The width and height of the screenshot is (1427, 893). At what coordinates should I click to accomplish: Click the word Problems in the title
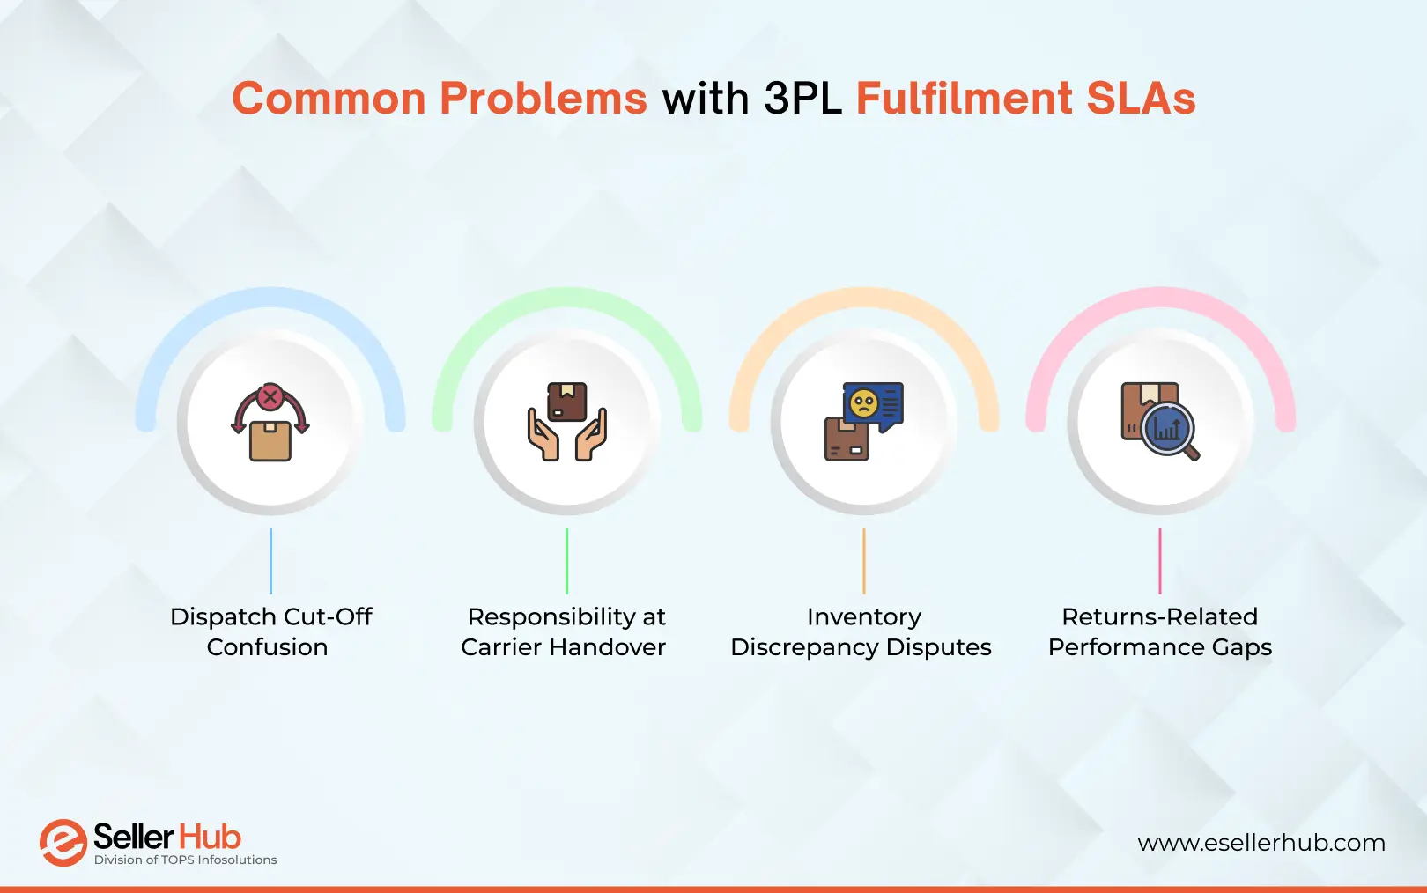tap(543, 99)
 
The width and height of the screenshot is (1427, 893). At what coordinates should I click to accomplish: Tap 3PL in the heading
tap(802, 99)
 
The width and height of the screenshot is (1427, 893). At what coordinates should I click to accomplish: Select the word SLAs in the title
tap(1141, 99)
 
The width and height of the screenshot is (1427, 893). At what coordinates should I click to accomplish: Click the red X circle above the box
tap(270, 397)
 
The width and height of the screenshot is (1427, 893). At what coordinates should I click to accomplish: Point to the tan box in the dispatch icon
tap(270, 441)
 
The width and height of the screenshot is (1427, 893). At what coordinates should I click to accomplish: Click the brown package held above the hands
tap(567, 402)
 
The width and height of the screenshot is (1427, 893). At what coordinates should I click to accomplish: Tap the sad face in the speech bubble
tap(863, 404)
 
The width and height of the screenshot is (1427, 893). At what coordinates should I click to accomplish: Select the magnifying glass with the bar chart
tap(1168, 429)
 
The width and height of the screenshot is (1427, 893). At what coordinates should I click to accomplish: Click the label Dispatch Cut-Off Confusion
tap(270, 631)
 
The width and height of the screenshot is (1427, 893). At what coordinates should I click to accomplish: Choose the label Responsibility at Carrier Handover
tap(565, 631)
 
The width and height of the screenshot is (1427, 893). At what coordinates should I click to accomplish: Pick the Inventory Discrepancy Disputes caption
tap(861, 631)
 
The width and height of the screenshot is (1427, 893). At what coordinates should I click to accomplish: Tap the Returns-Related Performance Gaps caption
tap(1160, 631)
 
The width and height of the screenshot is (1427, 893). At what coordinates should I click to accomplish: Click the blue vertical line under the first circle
tap(270, 561)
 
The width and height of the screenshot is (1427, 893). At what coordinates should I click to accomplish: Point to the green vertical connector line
tap(566, 561)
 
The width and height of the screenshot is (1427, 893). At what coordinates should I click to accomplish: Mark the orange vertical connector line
tap(864, 561)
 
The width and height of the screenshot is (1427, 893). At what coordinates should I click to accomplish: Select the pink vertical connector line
tap(1160, 561)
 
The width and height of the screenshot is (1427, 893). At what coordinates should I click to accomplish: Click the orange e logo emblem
tap(63, 843)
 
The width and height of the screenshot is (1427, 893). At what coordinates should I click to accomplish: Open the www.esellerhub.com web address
tap(1261, 843)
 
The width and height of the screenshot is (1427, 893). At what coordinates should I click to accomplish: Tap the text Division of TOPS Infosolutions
tap(185, 860)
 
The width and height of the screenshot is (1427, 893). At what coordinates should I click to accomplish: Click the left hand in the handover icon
tap(543, 436)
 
